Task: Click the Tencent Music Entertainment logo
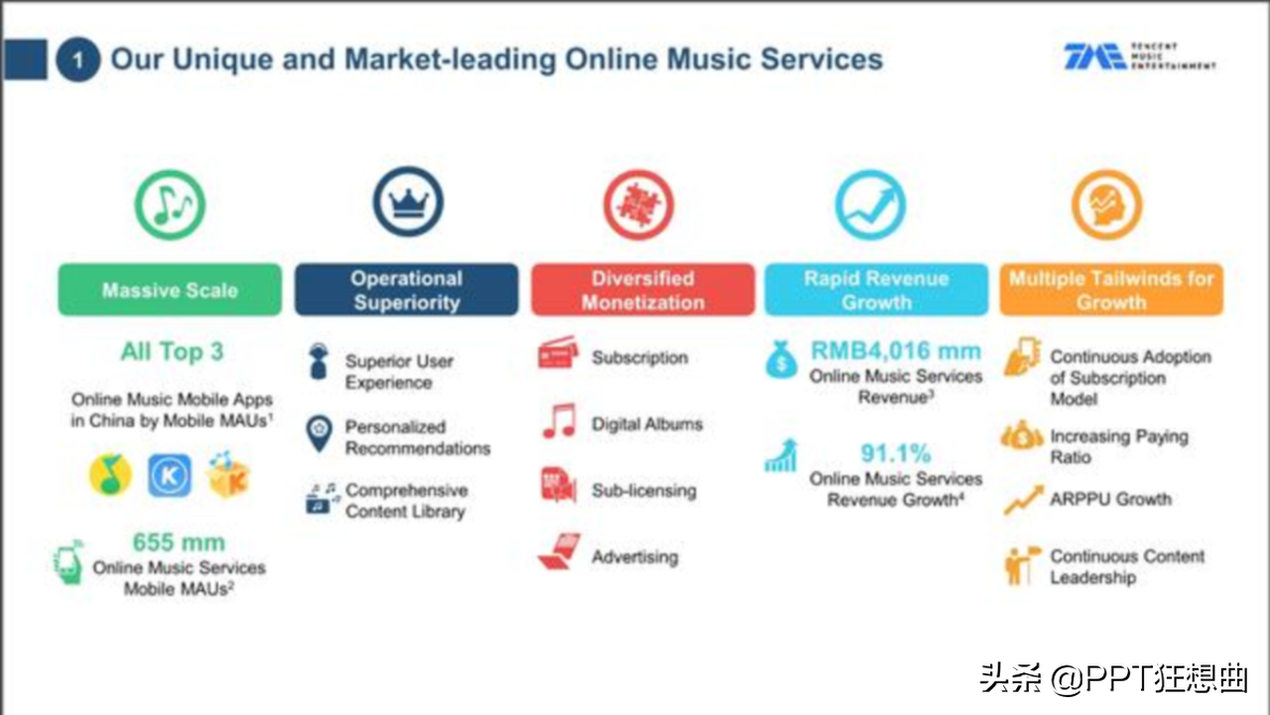[1140, 57]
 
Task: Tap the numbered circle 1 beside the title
[78, 60]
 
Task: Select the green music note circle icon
[170, 205]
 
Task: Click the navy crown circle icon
[408, 202]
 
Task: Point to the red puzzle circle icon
[638, 205]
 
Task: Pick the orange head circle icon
[1106, 205]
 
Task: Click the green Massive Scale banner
[170, 290]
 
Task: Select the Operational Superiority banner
[407, 290]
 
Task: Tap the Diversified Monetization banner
[643, 290]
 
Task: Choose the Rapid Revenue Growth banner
[876, 290]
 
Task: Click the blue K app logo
[170, 475]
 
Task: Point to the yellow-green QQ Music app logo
[110, 475]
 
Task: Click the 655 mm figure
[179, 542]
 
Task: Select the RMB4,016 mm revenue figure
[896, 351]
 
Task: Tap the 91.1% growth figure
[896, 453]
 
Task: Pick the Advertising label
[635, 557]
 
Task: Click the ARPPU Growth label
[1110, 499]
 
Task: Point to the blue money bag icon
[782, 359]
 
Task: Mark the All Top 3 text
[173, 352]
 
